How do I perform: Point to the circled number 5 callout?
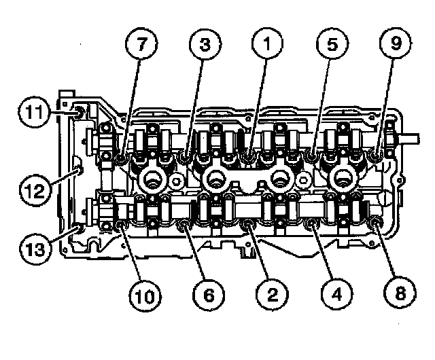pyautogui.click(x=331, y=46)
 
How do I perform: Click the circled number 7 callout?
pyautogui.click(x=143, y=46)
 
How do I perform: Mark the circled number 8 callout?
pyautogui.click(x=397, y=294)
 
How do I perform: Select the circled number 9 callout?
pyautogui.click(x=395, y=46)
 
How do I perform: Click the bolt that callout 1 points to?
pyautogui.click(x=250, y=158)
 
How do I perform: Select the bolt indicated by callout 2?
pyautogui.click(x=249, y=224)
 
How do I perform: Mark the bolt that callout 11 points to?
pyautogui.click(x=77, y=111)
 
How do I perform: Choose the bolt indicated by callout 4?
pyautogui.click(x=314, y=224)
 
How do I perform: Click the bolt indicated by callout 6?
pyautogui.click(x=184, y=224)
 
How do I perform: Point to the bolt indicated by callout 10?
pyautogui.click(x=120, y=223)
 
